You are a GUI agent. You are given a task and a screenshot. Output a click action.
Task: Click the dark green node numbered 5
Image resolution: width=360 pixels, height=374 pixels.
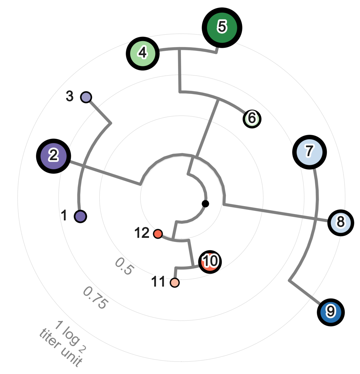pyautogui.click(x=222, y=27)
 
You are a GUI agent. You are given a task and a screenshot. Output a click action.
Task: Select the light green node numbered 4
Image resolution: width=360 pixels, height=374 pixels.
pyautogui.click(x=143, y=53)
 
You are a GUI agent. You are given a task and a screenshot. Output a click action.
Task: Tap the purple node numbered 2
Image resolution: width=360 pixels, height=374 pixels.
pyautogui.click(x=53, y=156)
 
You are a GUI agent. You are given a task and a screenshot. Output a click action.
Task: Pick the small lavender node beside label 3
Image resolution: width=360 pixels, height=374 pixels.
pyautogui.click(x=86, y=97)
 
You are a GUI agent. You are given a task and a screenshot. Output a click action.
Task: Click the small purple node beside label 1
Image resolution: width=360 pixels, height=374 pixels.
pyautogui.click(x=81, y=216)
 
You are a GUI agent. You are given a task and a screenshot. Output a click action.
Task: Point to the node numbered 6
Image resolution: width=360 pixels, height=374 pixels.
pyautogui.click(x=252, y=119)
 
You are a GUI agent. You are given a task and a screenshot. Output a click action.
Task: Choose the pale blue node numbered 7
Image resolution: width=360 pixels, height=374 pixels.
pyautogui.click(x=309, y=152)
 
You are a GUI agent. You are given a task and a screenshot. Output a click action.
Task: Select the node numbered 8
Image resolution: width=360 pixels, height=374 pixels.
pyautogui.click(x=340, y=222)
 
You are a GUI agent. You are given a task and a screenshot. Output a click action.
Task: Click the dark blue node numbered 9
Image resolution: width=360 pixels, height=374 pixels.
pyautogui.click(x=331, y=312)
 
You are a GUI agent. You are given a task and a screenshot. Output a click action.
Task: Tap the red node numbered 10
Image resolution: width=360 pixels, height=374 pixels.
pyautogui.click(x=210, y=262)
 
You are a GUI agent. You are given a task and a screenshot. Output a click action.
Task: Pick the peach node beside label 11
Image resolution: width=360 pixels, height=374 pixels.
pyautogui.click(x=175, y=283)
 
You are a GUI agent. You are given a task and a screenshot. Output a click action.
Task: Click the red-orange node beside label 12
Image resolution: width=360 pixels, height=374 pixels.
pyautogui.click(x=158, y=234)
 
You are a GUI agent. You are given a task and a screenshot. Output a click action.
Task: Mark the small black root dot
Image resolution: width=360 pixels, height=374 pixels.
pyautogui.click(x=205, y=204)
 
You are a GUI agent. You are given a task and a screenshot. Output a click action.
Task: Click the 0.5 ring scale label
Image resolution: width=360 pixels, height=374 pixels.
pyautogui.click(x=125, y=266)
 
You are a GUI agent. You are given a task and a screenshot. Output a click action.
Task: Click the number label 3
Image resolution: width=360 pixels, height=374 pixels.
pyautogui.click(x=70, y=96)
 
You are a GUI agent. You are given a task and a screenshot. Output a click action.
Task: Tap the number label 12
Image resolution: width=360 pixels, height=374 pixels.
pyautogui.click(x=142, y=233)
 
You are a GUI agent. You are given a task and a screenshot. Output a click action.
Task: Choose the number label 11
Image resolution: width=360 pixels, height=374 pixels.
pyautogui.click(x=158, y=282)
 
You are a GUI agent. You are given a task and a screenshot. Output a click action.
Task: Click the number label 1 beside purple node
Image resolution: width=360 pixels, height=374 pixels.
pyautogui.click(x=64, y=215)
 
